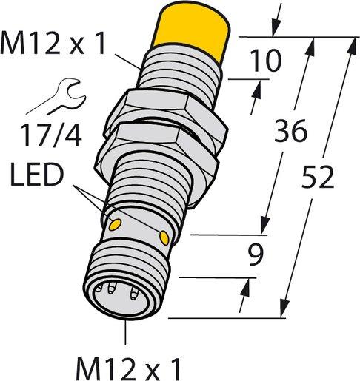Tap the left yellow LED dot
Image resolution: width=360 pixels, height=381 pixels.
point(116,222)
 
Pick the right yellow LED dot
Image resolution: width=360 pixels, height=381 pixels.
point(164,237)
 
